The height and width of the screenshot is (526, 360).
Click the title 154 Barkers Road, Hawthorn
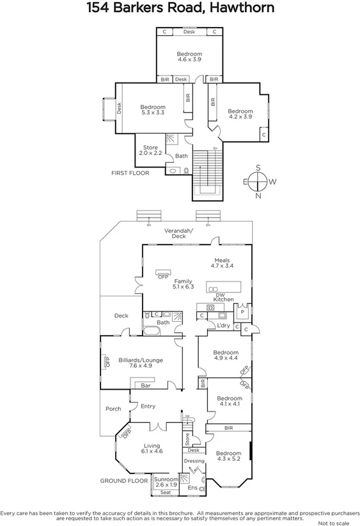[x=180, y=9]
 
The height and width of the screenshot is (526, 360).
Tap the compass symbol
[x=258, y=182]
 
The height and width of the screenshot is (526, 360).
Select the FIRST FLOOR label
[x=130, y=173]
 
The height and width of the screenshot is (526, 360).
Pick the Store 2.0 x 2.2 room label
[x=150, y=150]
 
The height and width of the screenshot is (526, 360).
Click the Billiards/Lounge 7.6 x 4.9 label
[x=141, y=363]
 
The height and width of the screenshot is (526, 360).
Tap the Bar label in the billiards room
[x=145, y=386]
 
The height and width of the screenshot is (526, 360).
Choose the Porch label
[x=113, y=410]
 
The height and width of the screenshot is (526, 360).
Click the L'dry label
[x=223, y=326]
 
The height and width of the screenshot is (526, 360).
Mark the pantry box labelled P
[x=242, y=314]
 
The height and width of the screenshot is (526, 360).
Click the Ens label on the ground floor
[x=192, y=488]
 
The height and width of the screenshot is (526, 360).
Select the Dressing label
[x=194, y=461]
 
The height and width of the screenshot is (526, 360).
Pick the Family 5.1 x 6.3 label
[x=183, y=284]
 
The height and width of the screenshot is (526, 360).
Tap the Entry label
[x=148, y=406]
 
